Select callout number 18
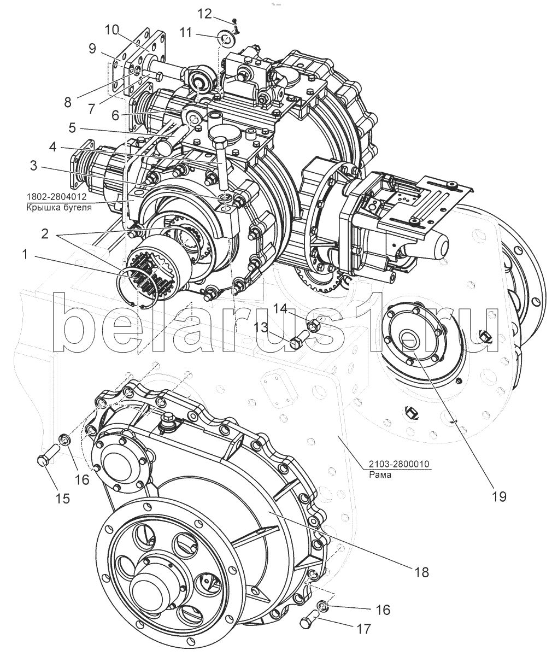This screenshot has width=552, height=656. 421,572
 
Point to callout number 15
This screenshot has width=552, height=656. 62,498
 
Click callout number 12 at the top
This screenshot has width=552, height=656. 204,14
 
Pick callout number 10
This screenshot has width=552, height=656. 112,30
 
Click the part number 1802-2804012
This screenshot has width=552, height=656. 56,197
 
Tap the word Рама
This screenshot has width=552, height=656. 380,475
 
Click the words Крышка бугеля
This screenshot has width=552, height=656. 59,208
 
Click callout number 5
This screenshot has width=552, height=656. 72,128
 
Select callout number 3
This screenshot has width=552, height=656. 33,166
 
